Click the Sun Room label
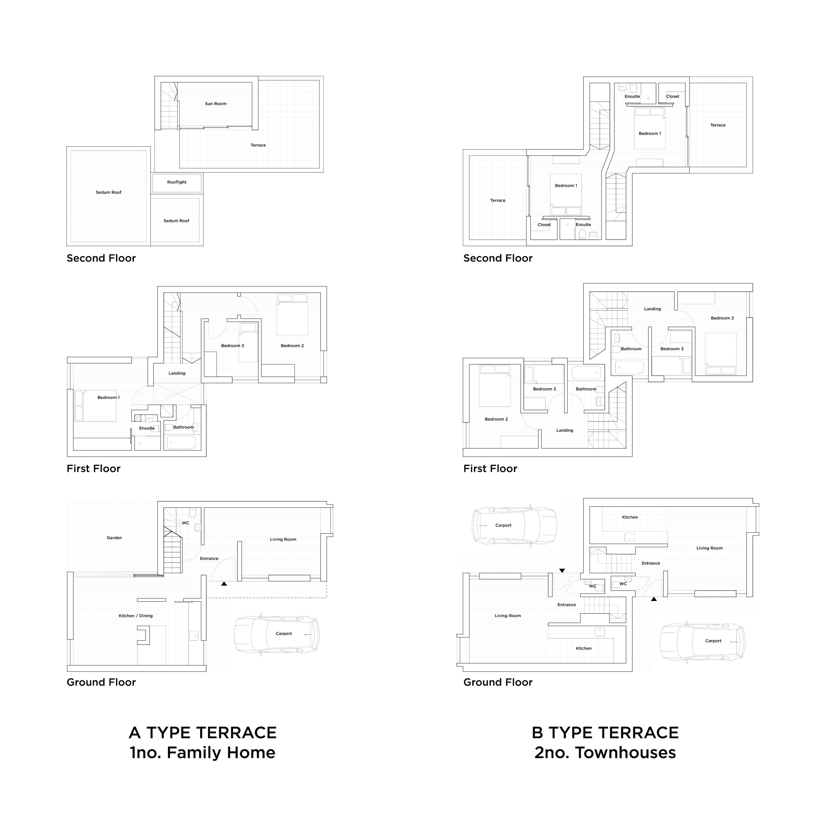tap(216, 104)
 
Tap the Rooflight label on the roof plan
tap(177, 182)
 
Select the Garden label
tap(114, 538)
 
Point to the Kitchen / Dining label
tap(135, 616)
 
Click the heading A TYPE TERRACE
tap(203, 733)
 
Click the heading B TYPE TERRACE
tap(605, 733)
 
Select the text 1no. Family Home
tap(203, 753)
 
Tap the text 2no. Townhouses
tap(605, 753)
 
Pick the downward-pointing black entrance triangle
tap(562, 571)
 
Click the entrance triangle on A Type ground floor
tap(224, 583)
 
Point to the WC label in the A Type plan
tap(185, 523)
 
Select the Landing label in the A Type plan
tap(177, 373)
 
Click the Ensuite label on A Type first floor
tap(147, 428)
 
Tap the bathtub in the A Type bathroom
tap(181, 443)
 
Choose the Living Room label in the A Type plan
tap(283, 539)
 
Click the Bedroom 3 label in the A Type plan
tap(232, 346)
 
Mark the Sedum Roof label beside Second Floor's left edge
tap(108, 192)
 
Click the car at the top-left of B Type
tap(515, 526)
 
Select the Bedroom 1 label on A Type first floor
tap(108, 398)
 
